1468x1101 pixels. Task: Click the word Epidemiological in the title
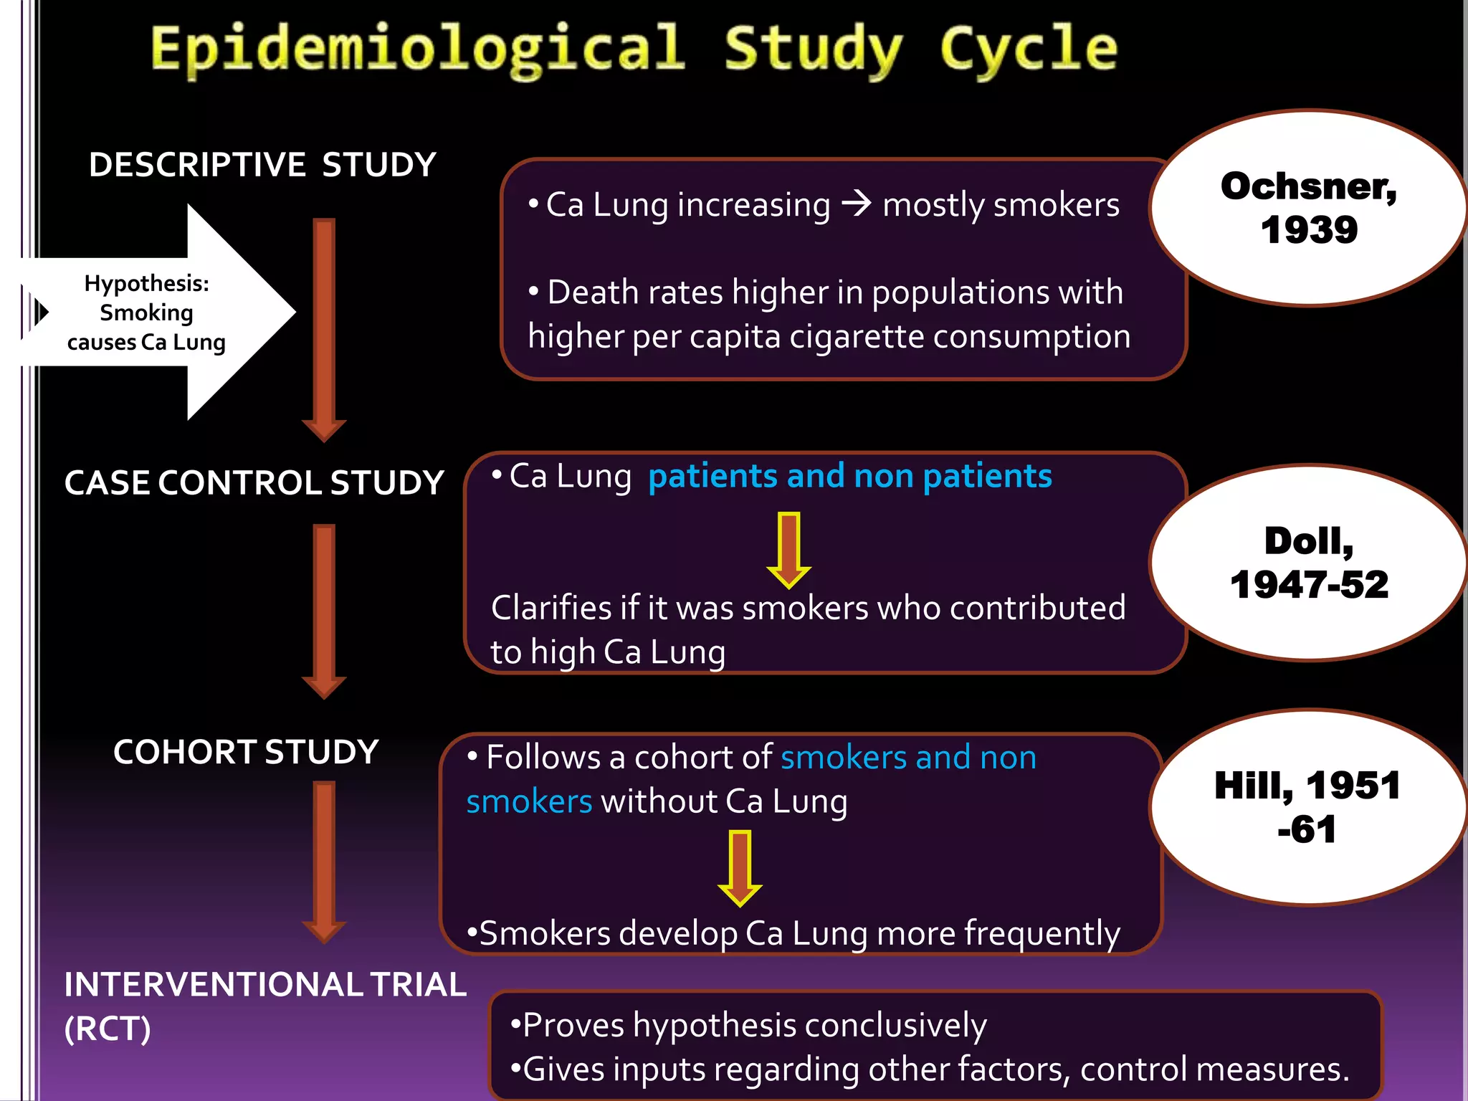click(417, 49)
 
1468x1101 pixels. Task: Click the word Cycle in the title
click(1028, 49)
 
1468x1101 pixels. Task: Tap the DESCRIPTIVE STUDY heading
click(262, 165)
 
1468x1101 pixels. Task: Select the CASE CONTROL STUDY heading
click(254, 483)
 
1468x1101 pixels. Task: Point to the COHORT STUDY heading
click(246, 752)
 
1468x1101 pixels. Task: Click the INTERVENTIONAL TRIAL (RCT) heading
click(264, 1005)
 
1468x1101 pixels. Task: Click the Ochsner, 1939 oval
click(1309, 208)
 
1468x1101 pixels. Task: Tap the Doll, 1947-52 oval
click(1309, 563)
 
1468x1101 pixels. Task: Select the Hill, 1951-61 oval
click(1307, 807)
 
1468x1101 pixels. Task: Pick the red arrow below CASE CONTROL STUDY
click(324, 610)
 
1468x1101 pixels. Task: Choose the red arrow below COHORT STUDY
click(324, 860)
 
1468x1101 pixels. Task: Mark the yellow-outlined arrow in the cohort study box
click(740, 867)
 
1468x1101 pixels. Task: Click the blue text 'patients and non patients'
click(850, 477)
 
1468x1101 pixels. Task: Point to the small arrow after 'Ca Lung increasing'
click(856, 204)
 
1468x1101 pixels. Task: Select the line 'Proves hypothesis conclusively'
click(749, 1025)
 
